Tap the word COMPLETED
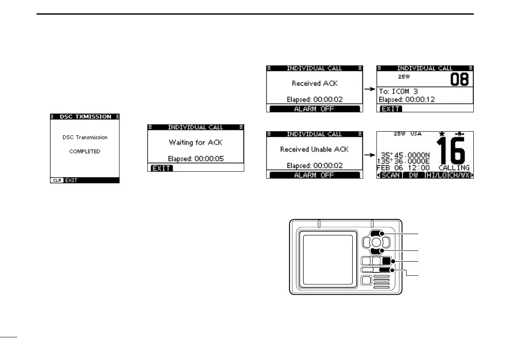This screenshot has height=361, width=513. pyautogui.click(x=84, y=151)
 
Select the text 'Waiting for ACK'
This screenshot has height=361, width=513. pyautogui.click(x=196, y=142)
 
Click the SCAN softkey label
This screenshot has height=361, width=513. pyautogui.click(x=390, y=176)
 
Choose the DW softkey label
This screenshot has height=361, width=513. pyautogui.click(x=414, y=176)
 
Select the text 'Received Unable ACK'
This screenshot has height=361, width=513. pyautogui.click(x=314, y=149)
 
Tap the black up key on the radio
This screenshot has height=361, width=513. pyautogui.click(x=375, y=234)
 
